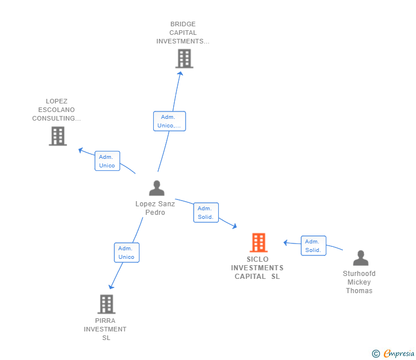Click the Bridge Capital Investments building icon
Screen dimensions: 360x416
pos(184,59)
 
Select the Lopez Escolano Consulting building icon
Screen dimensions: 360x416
pos(58,136)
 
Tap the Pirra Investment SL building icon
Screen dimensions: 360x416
pos(107,304)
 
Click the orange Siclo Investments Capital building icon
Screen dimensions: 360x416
pos(258,243)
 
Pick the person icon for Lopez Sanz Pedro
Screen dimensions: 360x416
pos(156,188)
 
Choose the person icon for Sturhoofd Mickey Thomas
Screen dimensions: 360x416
pos(360,258)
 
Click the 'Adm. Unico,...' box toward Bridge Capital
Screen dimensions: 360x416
pos(169,121)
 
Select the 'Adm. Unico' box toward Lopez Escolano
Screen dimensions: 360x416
pos(107,161)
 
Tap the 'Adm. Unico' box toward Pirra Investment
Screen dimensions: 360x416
pos(126,253)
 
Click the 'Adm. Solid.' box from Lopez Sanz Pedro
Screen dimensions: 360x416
pos(206,213)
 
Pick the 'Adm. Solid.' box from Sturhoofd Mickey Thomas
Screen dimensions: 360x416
pos(313,246)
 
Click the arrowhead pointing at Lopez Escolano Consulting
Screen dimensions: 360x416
pos(81,150)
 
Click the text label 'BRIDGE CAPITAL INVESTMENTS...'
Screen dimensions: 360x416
pos(183,33)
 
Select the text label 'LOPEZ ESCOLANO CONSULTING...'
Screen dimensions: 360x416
pos(56,110)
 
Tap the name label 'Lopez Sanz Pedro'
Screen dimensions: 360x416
pos(155,208)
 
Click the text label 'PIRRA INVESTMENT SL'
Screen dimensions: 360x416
pos(105,329)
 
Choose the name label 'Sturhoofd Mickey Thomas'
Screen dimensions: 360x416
pos(359,282)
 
